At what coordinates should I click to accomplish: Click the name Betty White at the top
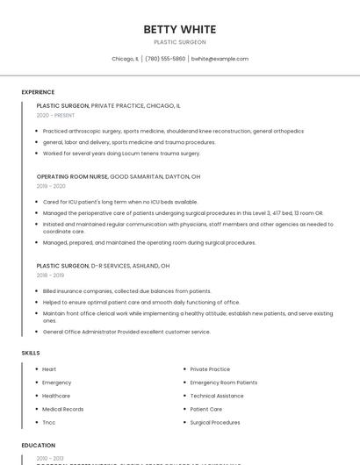tap(180, 30)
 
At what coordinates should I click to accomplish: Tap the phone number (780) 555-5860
tap(165, 59)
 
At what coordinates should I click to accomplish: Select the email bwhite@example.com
tap(220, 59)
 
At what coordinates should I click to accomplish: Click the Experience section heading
tap(38, 92)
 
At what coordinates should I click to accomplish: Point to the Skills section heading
tap(31, 353)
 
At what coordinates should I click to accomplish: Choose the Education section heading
tap(39, 446)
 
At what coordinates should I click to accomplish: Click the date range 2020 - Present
tap(55, 115)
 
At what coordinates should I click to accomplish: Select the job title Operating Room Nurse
tap(72, 176)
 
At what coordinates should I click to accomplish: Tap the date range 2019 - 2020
tap(51, 186)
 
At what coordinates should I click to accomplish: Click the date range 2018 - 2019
tap(51, 275)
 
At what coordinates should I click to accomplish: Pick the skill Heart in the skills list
tap(49, 369)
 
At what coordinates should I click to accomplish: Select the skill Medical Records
tap(63, 409)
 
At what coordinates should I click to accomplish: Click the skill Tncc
tap(49, 422)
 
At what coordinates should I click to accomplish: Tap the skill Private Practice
tap(210, 369)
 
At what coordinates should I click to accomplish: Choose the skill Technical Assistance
tap(217, 396)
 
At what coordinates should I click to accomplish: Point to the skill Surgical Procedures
tap(215, 422)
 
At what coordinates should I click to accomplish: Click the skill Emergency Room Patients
tap(224, 383)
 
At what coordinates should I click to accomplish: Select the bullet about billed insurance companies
tap(127, 291)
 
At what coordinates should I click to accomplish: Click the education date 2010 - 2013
tap(49, 458)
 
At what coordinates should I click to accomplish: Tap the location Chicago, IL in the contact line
tap(125, 59)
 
